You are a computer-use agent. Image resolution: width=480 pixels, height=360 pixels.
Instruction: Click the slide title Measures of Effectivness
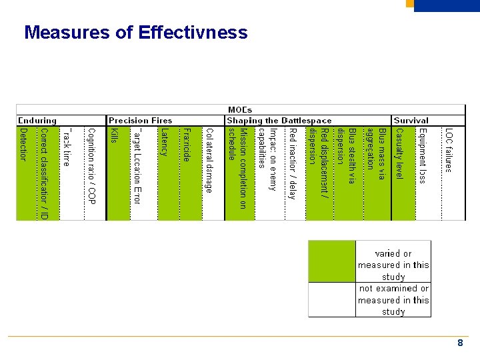pyautogui.click(x=135, y=33)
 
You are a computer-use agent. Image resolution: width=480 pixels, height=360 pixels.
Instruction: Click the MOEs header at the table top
pyautogui.click(x=240, y=110)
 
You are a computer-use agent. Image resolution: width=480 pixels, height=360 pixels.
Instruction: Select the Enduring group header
pyautogui.click(x=37, y=121)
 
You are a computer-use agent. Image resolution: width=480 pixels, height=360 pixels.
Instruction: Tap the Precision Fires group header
pyautogui.click(x=140, y=121)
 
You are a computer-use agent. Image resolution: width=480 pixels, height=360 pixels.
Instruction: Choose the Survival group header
pyautogui.click(x=411, y=121)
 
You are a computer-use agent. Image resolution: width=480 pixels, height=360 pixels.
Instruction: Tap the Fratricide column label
pyautogui.click(x=187, y=145)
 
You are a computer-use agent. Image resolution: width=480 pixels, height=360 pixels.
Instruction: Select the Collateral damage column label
pyautogui.click(x=209, y=160)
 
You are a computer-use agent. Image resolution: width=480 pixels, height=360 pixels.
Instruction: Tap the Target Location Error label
pyautogui.click(x=137, y=165)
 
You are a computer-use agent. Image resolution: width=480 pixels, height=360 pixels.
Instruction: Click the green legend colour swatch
pyautogui.click(x=332, y=261)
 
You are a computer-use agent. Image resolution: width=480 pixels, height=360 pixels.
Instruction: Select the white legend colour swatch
pyautogui.click(x=332, y=299)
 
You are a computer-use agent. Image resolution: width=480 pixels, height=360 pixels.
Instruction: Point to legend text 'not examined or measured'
pyautogui.click(x=393, y=300)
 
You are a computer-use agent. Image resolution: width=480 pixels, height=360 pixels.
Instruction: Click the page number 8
pyautogui.click(x=460, y=343)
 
